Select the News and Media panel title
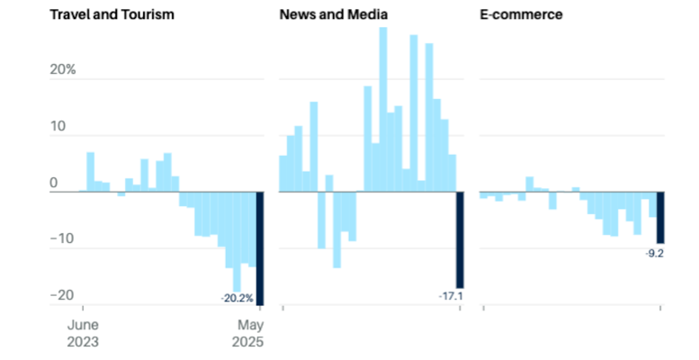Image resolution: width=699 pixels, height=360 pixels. [333, 15]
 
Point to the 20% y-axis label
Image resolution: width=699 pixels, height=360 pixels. [62, 69]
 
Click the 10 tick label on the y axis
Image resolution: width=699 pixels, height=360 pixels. [58, 126]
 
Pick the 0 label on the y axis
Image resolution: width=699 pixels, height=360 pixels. [53, 183]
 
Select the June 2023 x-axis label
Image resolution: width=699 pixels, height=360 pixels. [83, 333]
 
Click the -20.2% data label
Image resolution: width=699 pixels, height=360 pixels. [237, 297]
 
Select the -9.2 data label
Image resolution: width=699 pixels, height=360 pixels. [654, 254]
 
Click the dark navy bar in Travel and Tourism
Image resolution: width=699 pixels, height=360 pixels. [260, 248]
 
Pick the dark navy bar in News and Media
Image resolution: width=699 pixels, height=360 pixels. [460, 240]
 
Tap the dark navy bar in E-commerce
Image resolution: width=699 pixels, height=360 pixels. [659, 218]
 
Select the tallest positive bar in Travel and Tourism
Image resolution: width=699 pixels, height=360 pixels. [90, 172]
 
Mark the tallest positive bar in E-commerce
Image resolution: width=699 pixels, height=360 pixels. [530, 184]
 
